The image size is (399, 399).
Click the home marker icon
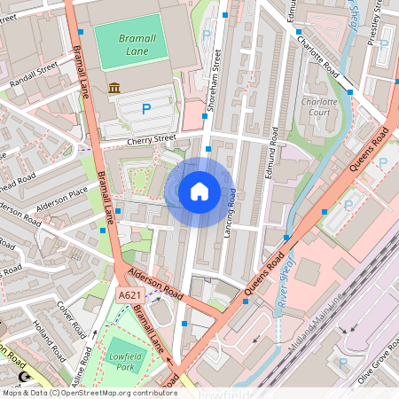pyautogui.click(x=199, y=191)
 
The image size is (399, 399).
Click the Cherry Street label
pyautogui.click(x=151, y=139)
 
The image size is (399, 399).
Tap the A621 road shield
pyautogui.click(x=129, y=293)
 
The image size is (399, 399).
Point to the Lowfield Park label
pyautogui.click(x=125, y=360)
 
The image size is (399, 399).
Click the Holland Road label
pyautogui.click(x=51, y=342)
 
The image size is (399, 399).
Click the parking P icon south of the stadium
pyautogui.click(x=146, y=109)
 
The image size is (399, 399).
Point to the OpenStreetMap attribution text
pyautogui.click(x=89, y=392)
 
